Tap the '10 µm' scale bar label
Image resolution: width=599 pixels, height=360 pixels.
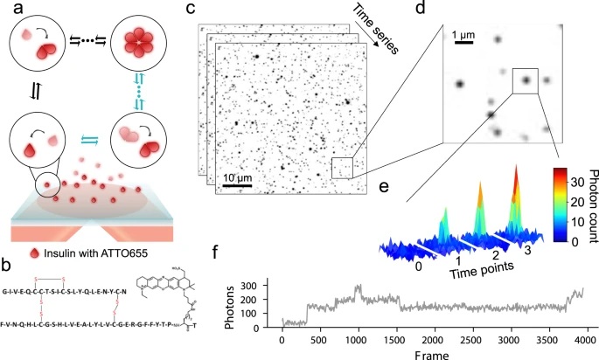(x=238, y=177)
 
